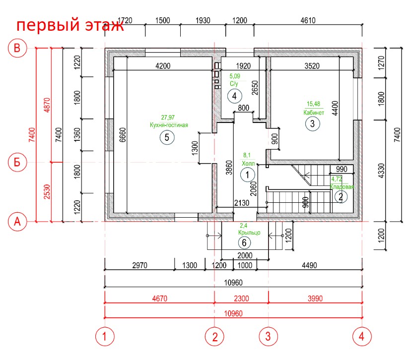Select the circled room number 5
[x=167, y=137]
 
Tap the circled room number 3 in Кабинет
[x=312, y=124]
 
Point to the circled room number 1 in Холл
[x=247, y=174]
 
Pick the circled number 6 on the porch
[x=244, y=242]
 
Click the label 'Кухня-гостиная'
[x=169, y=125]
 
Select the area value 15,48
[x=314, y=104]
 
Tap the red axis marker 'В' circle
[x=17, y=48]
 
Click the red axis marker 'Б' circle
[x=17, y=162]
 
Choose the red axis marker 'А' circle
[x=17, y=222]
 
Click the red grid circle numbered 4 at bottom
[x=362, y=337]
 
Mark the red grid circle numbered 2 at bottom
[x=214, y=337]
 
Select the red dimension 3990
[x=315, y=299]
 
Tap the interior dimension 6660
[x=123, y=134]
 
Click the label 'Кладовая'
[x=342, y=187]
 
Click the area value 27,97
[x=169, y=118]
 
